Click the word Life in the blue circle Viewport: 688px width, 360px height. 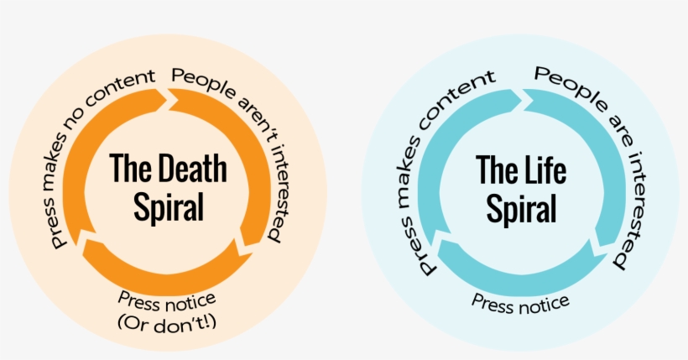tap(546, 170)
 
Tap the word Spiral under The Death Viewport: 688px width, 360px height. tap(169, 206)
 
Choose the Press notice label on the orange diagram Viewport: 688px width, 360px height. tap(168, 299)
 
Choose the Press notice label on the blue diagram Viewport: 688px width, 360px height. tap(520, 301)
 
